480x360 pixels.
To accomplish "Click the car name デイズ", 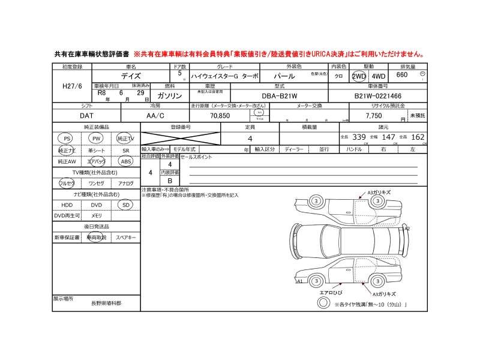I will [131, 77].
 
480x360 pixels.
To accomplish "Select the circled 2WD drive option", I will [359, 76].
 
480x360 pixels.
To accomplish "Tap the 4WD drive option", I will [379, 76].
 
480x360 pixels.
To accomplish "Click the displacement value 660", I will [402, 75].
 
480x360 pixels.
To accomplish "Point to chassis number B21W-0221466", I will [378, 95].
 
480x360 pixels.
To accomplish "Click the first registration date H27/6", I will [72, 86].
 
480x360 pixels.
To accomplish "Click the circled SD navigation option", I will [125, 205].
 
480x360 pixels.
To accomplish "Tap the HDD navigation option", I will [67, 205].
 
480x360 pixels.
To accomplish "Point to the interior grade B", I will [170, 181].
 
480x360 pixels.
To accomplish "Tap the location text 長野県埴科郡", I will [106, 304].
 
